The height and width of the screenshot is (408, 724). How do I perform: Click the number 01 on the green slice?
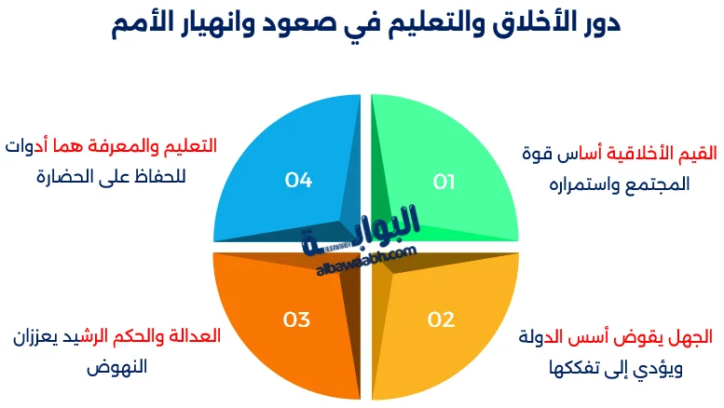[x=444, y=182]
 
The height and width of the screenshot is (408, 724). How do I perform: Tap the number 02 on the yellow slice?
[x=441, y=320]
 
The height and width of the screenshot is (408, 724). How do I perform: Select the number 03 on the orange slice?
[x=296, y=320]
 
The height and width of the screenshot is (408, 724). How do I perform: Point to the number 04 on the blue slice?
[x=298, y=181]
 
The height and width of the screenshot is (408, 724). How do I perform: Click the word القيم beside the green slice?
[x=695, y=152]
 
